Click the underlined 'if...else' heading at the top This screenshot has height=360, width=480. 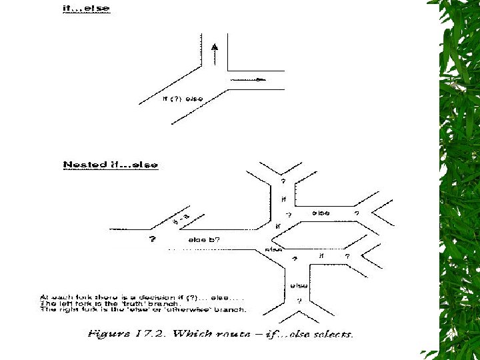pyautogui.click(x=85, y=9)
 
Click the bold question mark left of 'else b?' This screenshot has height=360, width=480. pyautogui.click(x=153, y=239)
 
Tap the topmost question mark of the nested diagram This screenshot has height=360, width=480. pyautogui.click(x=283, y=181)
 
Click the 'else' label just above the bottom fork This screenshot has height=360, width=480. pyautogui.click(x=298, y=285)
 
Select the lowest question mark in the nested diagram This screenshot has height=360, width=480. pyautogui.click(x=299, y=300)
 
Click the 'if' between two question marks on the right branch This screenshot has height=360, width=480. pyautogui.click(x=321, y=255)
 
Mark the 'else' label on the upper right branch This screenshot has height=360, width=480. pyautogui.click(x=321, y=213)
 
